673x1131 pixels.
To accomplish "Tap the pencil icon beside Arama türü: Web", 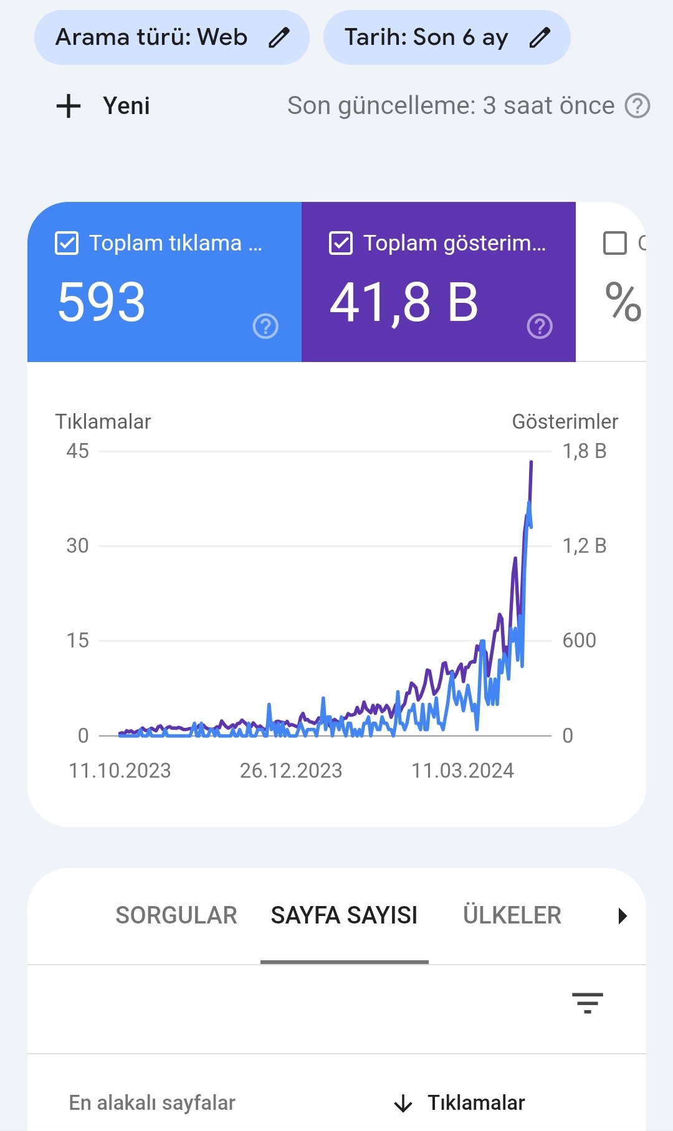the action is (x=279, y=37).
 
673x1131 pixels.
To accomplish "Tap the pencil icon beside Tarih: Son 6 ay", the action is (x=540, y=37).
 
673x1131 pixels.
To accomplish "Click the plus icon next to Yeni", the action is (x=69, y=106).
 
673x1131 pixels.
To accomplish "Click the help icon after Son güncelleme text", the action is (x=637, y=106).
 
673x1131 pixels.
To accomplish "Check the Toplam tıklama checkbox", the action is (x=67, y=243).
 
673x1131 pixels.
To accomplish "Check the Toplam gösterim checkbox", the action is (x=341, y=243).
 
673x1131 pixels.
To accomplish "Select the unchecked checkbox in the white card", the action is (x=615, y=243).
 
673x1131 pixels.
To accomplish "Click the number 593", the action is (x=102, y=302).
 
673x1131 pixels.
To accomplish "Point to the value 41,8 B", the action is (x=404, y=303).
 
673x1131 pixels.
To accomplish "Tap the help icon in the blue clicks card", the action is (x=265, y=326).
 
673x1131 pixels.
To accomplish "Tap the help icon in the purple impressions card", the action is (x=540, y=326).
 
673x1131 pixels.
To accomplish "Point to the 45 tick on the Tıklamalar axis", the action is (x=78, y=451).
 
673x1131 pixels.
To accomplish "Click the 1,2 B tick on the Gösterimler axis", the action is (x=585, y=546).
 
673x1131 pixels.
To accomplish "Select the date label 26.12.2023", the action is (x=291, y=771).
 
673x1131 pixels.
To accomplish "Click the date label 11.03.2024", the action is (x=462, y=771).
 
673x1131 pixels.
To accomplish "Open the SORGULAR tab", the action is (x=176, y=915).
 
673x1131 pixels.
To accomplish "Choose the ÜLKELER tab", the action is (x=512, y=915).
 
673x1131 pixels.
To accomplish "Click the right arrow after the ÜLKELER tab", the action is (x=622, y=916).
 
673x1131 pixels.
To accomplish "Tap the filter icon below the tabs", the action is (x=588, y=1003).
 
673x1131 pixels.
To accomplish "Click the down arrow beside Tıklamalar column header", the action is (x=403, y=1104).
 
